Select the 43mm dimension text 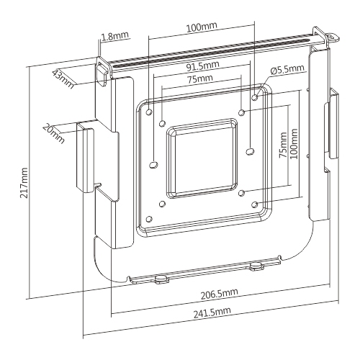63,76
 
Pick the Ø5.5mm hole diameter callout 288,70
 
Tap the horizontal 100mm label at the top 200,27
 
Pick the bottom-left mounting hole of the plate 149,220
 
